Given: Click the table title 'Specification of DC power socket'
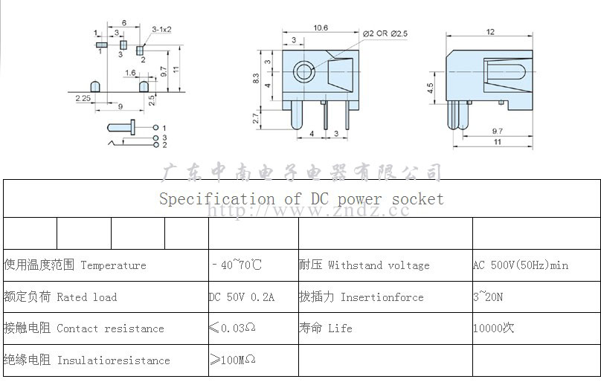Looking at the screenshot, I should pyautogui.click(x=301, y=198).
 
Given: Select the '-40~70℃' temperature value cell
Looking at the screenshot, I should pyautogui.click(x=237, y=265).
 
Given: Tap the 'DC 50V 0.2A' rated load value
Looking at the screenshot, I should pyautogui.click(x=242, y=297).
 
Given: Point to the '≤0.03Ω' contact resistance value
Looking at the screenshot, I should pyautogui.click(x=233, y=328).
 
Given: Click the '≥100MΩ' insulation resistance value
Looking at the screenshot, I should pyautogui.click(x=233, y=360).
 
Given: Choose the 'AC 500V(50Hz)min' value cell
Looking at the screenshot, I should pyautogui.click(x=521, y=265).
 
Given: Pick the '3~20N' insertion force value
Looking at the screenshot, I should pyautogui.click(x=488, y=297).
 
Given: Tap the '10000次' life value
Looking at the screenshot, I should pyautogui.click(x=493, y=328).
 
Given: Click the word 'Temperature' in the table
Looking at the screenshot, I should pyautogui.click(x=113, y=265).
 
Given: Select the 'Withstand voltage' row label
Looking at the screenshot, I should pyautogui.click(x=379, y=265).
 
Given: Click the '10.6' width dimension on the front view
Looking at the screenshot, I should pyautogui.click(x=321, y=27).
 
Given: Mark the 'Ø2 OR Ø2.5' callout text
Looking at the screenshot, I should pyautogui.click(x=386, y=34).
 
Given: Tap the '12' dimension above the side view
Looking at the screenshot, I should pyautogui.click(x=490, y=31).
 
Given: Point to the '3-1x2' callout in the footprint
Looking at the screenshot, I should pyautogui.click(x=161, y=29).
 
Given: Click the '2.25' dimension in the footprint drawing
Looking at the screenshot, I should pyautogui.click(x=83, y=97).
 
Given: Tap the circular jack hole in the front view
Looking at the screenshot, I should pyautogui.click(x=303, y=73).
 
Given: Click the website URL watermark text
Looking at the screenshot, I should pyautogui.click(x=308, y=211).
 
